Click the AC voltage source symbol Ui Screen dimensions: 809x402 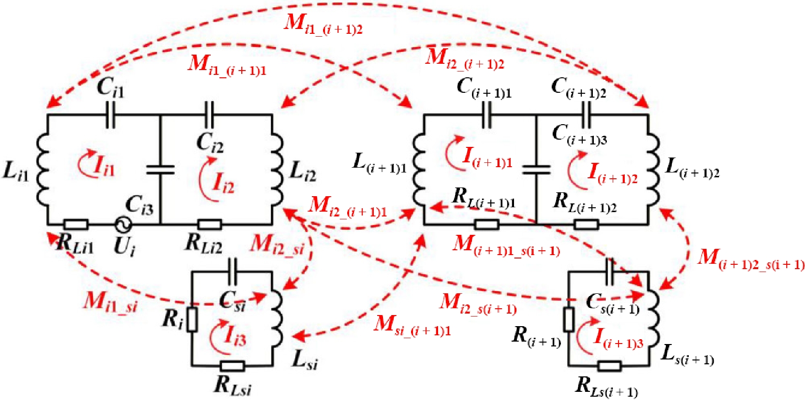123,225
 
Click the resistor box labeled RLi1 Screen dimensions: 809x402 76,225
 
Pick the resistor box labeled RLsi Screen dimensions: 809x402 232,366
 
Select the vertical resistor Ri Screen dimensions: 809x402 192,319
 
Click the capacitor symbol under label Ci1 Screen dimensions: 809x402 111,115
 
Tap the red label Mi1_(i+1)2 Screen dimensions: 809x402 323,26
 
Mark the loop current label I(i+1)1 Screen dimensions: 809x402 487,158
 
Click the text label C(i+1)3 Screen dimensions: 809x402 580,136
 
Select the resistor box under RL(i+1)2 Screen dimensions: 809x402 586,225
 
